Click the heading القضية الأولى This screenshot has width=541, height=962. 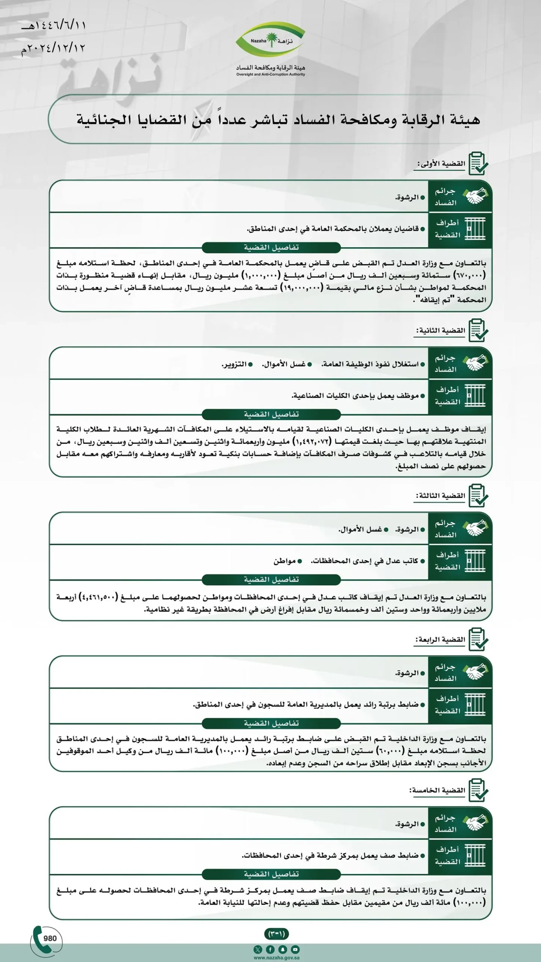coord(441,164)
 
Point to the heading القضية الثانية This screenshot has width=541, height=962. coord(440,331)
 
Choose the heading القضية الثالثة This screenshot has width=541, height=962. coord(440,496)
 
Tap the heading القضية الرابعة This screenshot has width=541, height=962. coord(440,640)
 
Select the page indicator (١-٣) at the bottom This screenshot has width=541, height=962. coord(277,933)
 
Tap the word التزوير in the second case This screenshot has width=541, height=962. coord(234,365)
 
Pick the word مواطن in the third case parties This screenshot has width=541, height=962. coord(285,561)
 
